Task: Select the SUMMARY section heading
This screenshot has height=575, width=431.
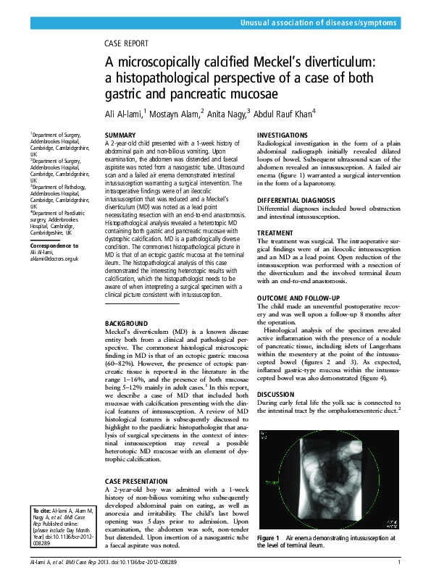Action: pyautogui.click(x=120, y=136)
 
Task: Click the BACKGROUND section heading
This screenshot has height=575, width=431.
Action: pyautogui.click(x=126, y=322)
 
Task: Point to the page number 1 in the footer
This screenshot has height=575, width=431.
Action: pyautogui.click(x=399, y=563)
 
